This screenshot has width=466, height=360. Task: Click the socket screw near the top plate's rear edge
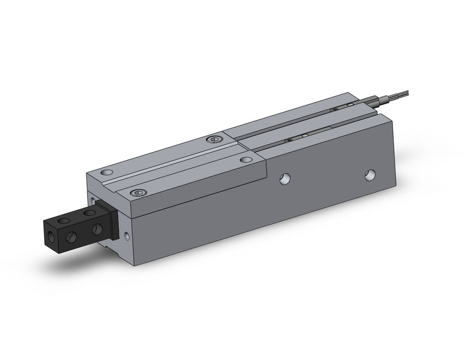(213, 140)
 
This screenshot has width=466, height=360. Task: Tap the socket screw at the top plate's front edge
(139, 193)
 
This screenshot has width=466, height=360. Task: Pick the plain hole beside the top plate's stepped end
(245, 159)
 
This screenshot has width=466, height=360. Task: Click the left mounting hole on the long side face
(284, 178)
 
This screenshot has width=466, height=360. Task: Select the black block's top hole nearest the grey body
(90, 213)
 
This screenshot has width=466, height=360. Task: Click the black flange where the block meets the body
(111, 221)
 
